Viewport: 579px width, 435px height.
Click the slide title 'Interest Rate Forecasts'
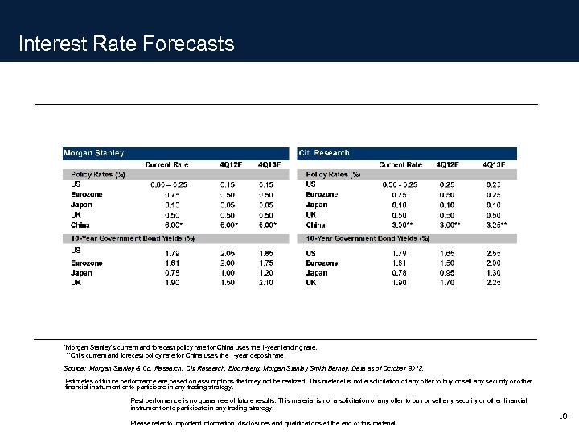click(x=126, y=43)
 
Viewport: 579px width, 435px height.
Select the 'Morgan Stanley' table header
click(x=94, y=153)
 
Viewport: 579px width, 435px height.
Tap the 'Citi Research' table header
click(x=324, y=153)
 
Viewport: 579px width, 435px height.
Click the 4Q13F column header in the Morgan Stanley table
click(x=269, y=164)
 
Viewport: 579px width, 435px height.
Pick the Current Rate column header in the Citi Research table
click(x=400, y=164)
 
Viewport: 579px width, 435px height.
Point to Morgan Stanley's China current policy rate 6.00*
click(x=170, y=225)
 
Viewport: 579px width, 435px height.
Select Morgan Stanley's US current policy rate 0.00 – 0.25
click(x=169, y=184)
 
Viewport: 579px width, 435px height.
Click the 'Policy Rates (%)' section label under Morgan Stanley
click(x=98, y=174)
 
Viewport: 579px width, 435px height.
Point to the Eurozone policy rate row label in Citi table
click(x=322, y=195)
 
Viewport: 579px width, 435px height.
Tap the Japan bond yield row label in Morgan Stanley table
click(x=81, y=273)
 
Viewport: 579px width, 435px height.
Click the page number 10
click(x=563, y=416)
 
